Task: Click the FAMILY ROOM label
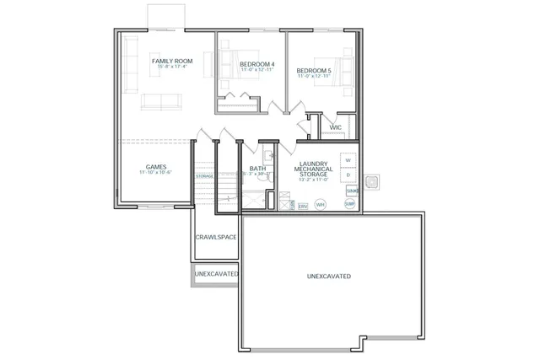172,62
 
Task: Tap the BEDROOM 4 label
257,65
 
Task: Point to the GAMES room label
155,166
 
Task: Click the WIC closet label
335,128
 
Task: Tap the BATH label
257,169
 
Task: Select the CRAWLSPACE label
215,237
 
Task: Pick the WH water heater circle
321,204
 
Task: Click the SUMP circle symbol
349,204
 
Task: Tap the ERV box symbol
303,205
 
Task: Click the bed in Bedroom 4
228,63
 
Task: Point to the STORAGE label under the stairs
205,176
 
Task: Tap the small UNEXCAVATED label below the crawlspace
215,274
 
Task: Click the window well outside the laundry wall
372,182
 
